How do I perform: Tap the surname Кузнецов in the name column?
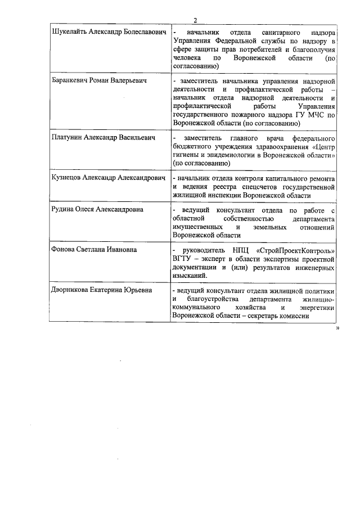click(66, 177)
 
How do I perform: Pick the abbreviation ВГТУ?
click(184, 259)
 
